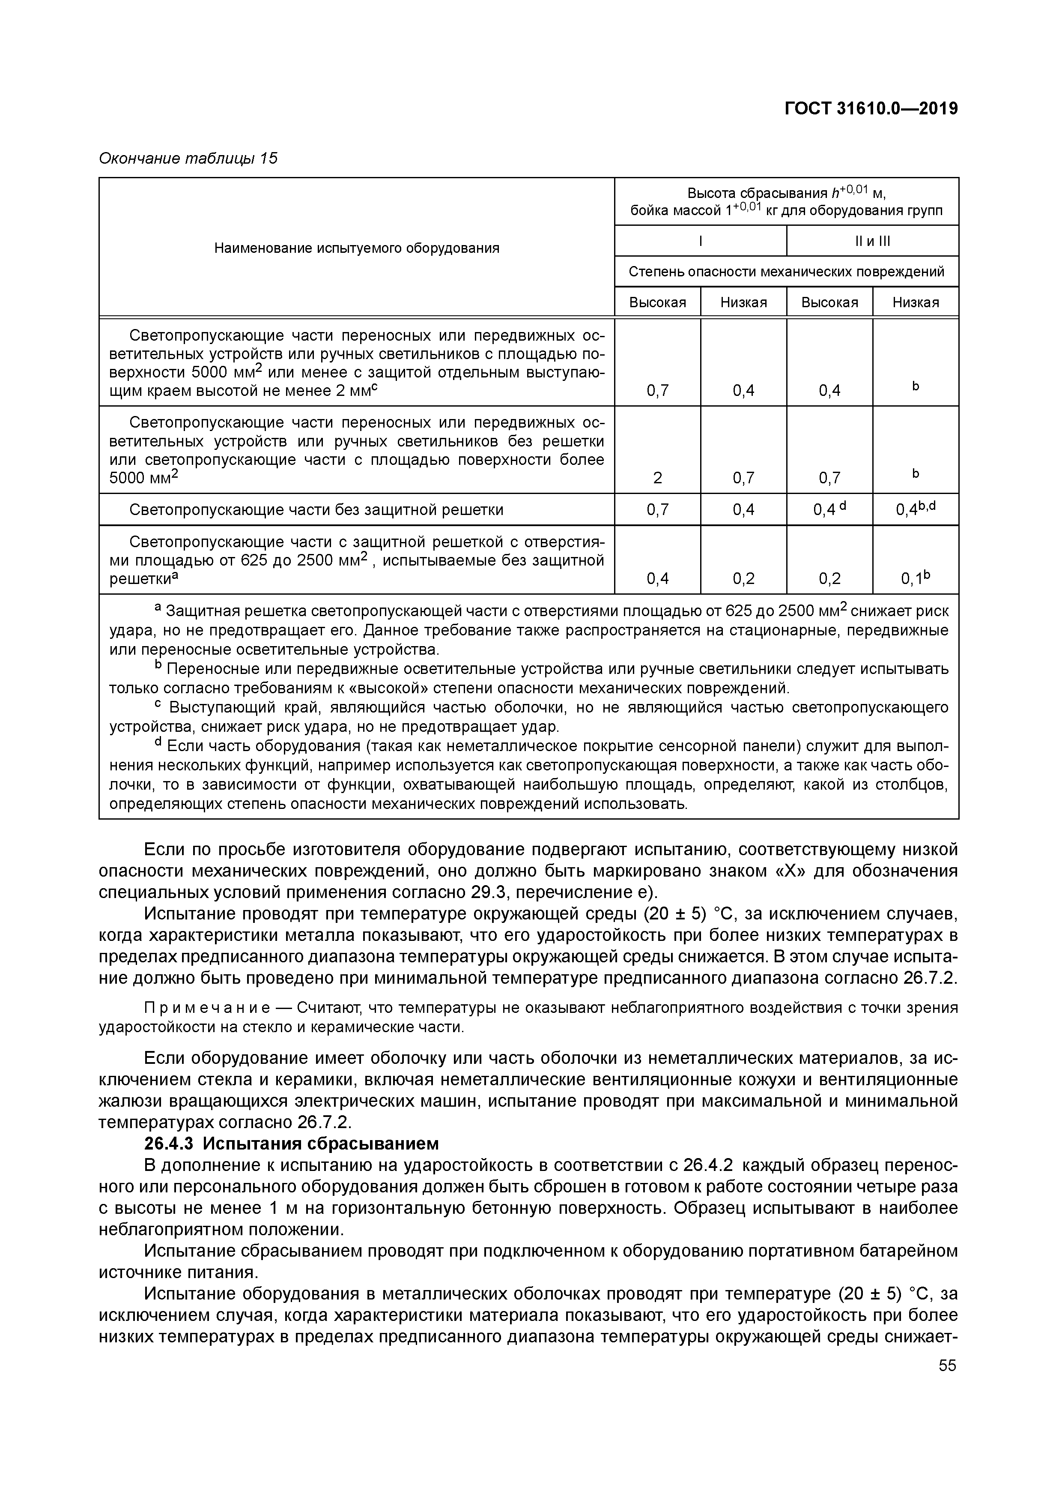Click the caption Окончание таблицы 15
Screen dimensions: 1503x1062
[188, 159]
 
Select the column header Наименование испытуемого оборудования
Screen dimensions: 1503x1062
[357, 248]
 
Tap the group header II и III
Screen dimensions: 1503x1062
[872, 241]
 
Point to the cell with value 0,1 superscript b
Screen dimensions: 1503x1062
[916, 578]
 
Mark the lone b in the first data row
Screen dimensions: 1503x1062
[916, 386]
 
